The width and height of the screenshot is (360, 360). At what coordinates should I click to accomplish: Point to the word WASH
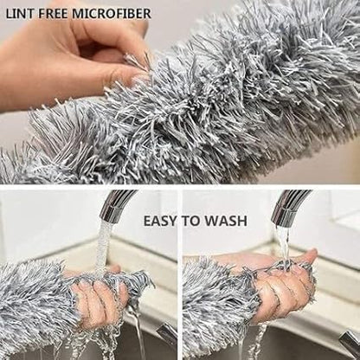[x=227, y=222]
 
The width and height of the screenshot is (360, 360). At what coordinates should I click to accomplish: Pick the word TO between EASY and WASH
[x=194, y=222]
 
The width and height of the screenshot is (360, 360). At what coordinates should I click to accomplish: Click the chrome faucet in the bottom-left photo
[x=117, y=206]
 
